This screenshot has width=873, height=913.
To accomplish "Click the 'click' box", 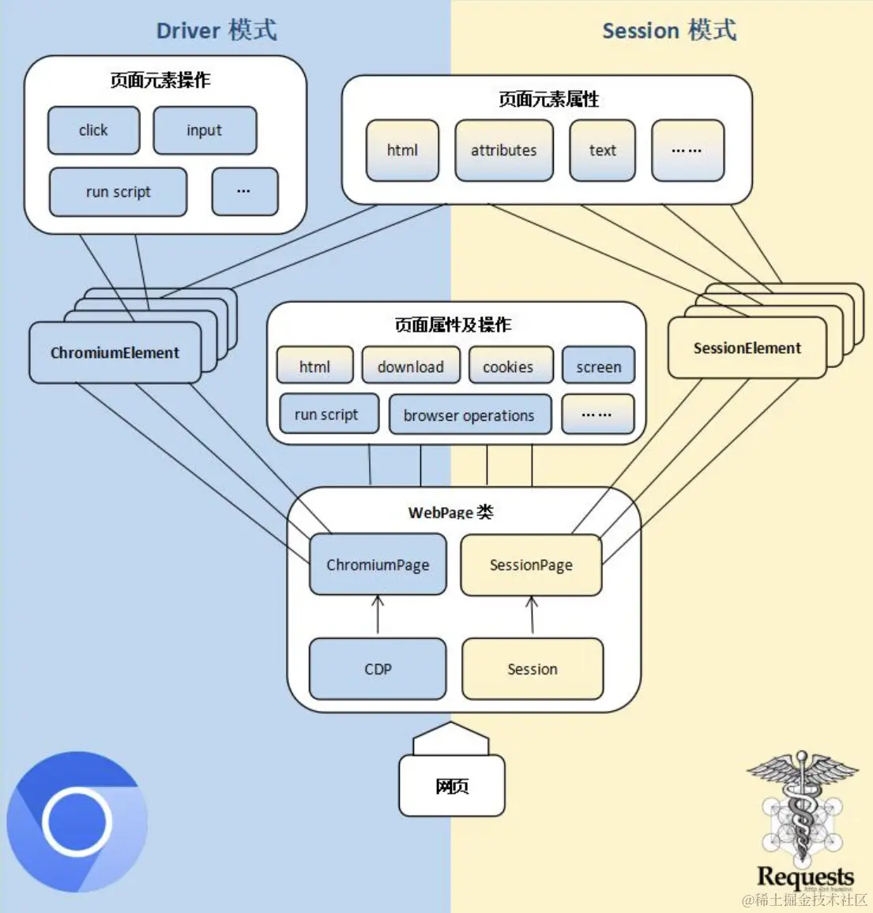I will click(93, 130).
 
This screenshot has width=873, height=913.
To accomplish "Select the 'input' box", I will click(205, 130).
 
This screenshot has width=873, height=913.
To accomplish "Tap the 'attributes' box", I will click(503, 150).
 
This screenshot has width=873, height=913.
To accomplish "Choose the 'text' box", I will click(602, 150).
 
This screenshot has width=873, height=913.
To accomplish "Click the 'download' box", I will click(410, 366).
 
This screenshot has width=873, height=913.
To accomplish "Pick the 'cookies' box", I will click(508, 366).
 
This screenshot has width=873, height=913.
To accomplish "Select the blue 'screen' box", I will click(598, 366).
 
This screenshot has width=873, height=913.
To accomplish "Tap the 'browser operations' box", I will click(469, 415).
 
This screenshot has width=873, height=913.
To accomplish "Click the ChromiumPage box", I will click(378, 565).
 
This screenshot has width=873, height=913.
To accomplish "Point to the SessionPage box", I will click(531, 565).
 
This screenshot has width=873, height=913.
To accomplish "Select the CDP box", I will click(378, 669).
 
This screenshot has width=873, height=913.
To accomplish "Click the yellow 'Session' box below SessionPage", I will click(532, 669).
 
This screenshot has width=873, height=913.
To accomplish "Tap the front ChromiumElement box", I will click(115, 352).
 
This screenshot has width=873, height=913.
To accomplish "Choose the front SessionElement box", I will click(747, 348).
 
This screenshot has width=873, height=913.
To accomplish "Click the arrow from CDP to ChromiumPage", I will click(378, 615).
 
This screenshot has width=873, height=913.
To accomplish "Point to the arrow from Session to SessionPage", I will click(532, 615).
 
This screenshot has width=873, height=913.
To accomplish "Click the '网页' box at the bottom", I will click(452, 786).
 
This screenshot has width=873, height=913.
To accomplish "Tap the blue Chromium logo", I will click(77, 821).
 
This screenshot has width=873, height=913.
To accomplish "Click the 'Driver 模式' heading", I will click(216, 31).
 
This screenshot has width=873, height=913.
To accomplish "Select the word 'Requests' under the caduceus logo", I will click(805, 877).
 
